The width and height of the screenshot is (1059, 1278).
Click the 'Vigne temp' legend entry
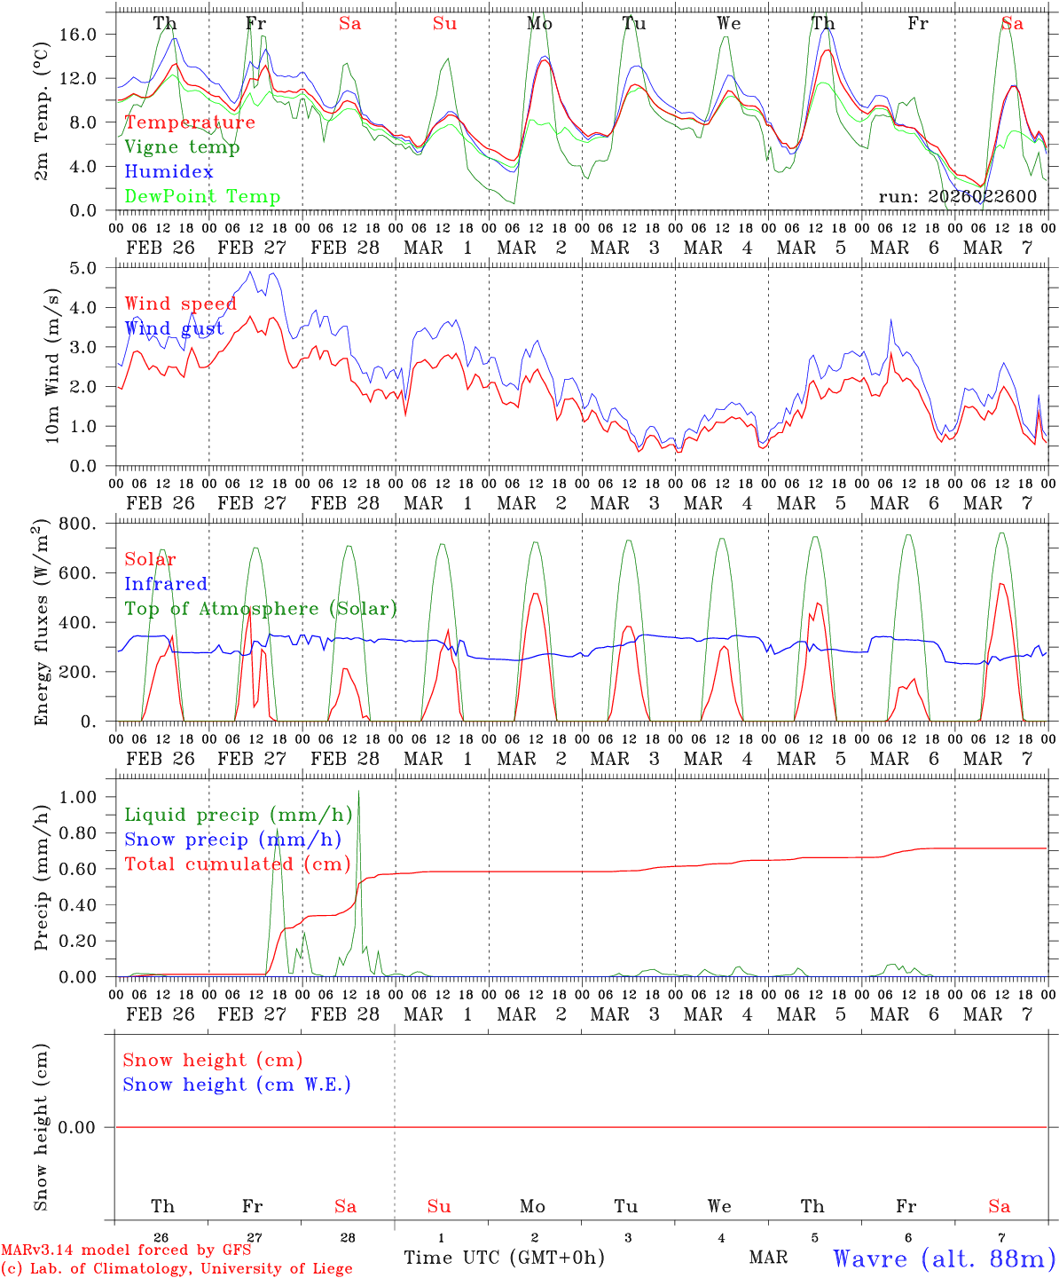tap(182, 147)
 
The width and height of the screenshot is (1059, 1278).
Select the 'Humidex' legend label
tap(169, 172)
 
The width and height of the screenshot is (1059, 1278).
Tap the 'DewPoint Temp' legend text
tap(202, 197)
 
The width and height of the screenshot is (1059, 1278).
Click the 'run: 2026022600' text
tap(957, 197)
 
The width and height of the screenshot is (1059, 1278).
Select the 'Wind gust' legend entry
tap(174, 329)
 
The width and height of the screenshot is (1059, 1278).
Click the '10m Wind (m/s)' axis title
tap(51, 366)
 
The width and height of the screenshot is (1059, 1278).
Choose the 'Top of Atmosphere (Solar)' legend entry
tap(260, 609)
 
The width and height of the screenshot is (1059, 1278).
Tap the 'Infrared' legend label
tap(166, 584)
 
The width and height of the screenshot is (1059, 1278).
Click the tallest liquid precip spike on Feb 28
tap(358, 792)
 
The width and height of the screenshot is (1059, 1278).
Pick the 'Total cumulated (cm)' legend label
tap(237, 864)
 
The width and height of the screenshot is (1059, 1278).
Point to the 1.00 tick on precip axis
tap(78, 797)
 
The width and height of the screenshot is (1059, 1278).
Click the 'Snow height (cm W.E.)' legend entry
tap(236, 1085)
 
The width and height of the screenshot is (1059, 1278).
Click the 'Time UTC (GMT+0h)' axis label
tap(504, 1258)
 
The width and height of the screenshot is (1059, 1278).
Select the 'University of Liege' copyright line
tap(176, 1269)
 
